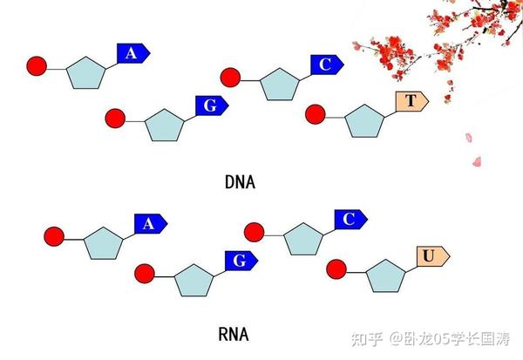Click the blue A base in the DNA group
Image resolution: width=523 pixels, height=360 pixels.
(x=133, y=54)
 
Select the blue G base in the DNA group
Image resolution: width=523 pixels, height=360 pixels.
(x=210, y=105)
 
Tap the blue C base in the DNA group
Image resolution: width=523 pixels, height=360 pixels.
(x=324, y=65)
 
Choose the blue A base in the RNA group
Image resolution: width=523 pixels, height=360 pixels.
(x=149, y=224)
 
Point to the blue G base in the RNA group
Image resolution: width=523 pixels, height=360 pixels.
(x=241, y=260)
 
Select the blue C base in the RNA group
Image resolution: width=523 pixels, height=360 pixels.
(x=349, y=219)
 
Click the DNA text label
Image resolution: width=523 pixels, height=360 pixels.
(x=240, y=183)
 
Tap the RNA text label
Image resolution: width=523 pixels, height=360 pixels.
(x=234, y=335)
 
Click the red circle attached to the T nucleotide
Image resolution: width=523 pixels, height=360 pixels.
(x=315, y=113)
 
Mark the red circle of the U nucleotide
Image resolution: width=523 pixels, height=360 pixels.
(x=336, y=269)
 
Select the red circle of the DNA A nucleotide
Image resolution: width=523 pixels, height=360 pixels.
(x=37, y=66)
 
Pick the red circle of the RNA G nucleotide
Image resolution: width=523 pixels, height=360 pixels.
(x=145, y=274)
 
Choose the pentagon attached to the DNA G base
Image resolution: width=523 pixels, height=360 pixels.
(x=164, y=126)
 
